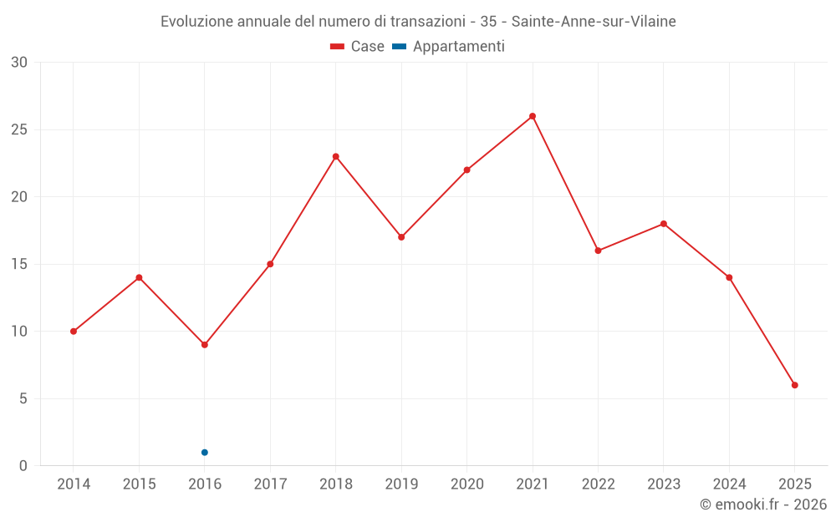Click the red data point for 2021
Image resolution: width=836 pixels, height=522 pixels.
[533, 116]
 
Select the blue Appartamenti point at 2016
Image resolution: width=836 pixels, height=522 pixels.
[205, 453]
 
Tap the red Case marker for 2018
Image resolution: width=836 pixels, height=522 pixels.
[335, 156]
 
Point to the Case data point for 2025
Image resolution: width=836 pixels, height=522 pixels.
[795, 385]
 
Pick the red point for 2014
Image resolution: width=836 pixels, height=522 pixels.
[74, 332]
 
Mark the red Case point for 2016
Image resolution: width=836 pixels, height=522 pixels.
[205, 345]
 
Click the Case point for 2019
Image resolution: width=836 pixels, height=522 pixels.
[401, 237]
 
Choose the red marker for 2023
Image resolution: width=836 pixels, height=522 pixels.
[664, 224]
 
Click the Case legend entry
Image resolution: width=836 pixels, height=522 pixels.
[358, 47]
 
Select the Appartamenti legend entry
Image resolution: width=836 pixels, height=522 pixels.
[449, 47]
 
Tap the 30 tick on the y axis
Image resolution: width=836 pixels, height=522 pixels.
[19, 63]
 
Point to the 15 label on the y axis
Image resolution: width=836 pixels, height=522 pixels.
[19, 264]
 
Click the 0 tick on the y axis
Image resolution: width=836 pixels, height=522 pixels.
[23, 466]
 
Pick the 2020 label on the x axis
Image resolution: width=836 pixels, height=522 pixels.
[466, 484]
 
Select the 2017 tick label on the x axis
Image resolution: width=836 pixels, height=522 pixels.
[270, 484]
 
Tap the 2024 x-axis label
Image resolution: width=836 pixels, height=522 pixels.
[729, 484]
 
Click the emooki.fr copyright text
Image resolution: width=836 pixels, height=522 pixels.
[763, 504]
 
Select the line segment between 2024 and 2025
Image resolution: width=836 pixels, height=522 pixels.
[762, 332]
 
